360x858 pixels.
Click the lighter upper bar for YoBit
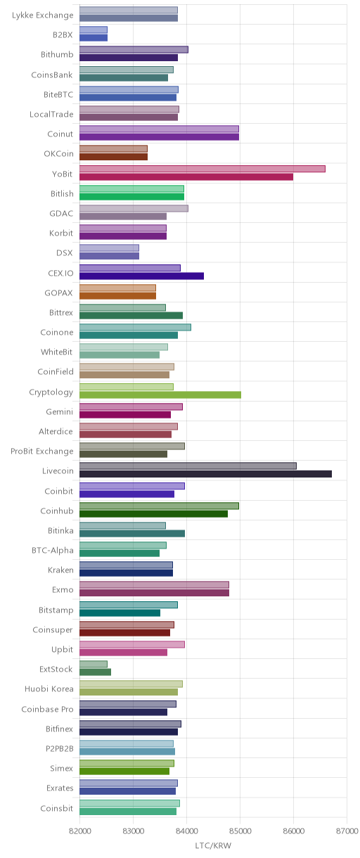click(202, 169)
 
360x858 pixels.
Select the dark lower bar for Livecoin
click(205, 474)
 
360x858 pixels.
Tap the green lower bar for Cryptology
click(160, 395)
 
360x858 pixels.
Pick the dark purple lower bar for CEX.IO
click(142, 276)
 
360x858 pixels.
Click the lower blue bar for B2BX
click(94, 37)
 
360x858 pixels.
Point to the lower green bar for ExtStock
click(96, 672)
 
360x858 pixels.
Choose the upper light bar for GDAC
click(134, 208)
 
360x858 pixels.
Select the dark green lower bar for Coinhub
click(153, 514)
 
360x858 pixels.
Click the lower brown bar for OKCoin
click(113, 157)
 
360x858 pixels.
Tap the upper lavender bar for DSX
click(109, 248)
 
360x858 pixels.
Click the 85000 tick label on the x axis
click(240, 831)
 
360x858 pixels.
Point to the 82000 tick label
click(79, 831)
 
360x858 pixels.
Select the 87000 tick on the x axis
click(347, 831)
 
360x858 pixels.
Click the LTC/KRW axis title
click(213, 845)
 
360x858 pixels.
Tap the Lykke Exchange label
click(42, 15)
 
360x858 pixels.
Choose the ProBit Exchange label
click(41, 452)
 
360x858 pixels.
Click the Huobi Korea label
click(49, 689)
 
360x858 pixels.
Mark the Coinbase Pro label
click(48, 709)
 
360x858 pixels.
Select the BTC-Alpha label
click(53, 551)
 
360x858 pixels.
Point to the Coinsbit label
click(57, 808)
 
